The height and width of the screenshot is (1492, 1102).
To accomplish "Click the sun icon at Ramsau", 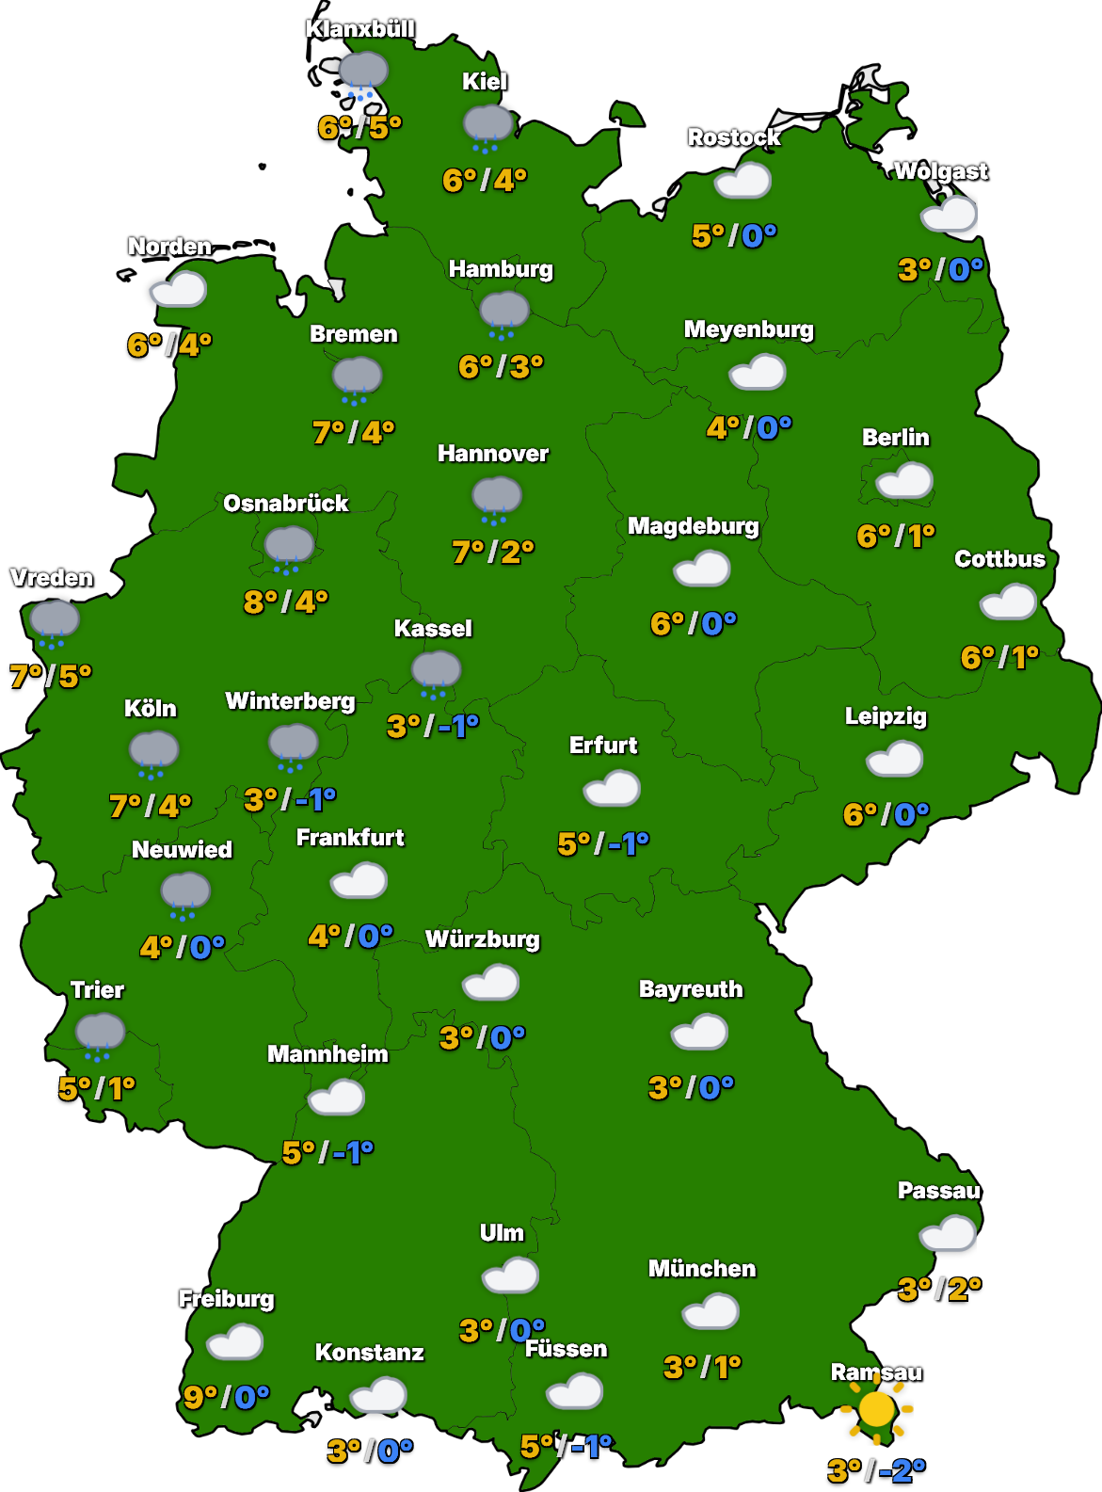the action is [876, 1409].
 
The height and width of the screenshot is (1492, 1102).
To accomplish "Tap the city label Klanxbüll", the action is [359, 29].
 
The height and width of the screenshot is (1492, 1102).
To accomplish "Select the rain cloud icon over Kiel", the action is [487, 126].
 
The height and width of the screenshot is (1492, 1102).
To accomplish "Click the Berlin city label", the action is [895, 438].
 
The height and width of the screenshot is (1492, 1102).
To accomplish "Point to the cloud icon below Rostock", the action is [743, 180].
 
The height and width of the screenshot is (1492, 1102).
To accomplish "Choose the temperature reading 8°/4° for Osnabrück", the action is [285, 601].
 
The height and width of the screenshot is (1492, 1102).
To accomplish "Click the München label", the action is [702, 1269].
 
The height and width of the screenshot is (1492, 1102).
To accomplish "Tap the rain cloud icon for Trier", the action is [100, 1035].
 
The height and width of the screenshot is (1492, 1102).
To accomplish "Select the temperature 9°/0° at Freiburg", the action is [226, 1397].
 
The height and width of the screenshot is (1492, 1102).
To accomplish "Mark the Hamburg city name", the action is [501, 269].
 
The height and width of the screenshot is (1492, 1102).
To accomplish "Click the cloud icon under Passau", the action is [948, 1232].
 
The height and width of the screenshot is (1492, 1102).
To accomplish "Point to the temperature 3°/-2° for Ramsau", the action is [876, 1469].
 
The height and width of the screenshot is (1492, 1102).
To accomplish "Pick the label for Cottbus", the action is [999, 559].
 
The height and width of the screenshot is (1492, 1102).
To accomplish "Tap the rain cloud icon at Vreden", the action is [54, 622].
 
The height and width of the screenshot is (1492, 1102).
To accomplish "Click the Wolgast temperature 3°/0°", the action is [940, 270].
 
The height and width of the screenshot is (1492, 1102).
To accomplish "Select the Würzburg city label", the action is [483, 939].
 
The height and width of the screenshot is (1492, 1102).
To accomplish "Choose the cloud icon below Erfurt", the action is [612, 788].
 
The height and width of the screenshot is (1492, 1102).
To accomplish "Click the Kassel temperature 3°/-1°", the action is [433, 726].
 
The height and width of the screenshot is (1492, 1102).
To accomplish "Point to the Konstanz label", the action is [369, 1353].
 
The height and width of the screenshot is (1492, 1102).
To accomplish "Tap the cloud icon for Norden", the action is [178, 289].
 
